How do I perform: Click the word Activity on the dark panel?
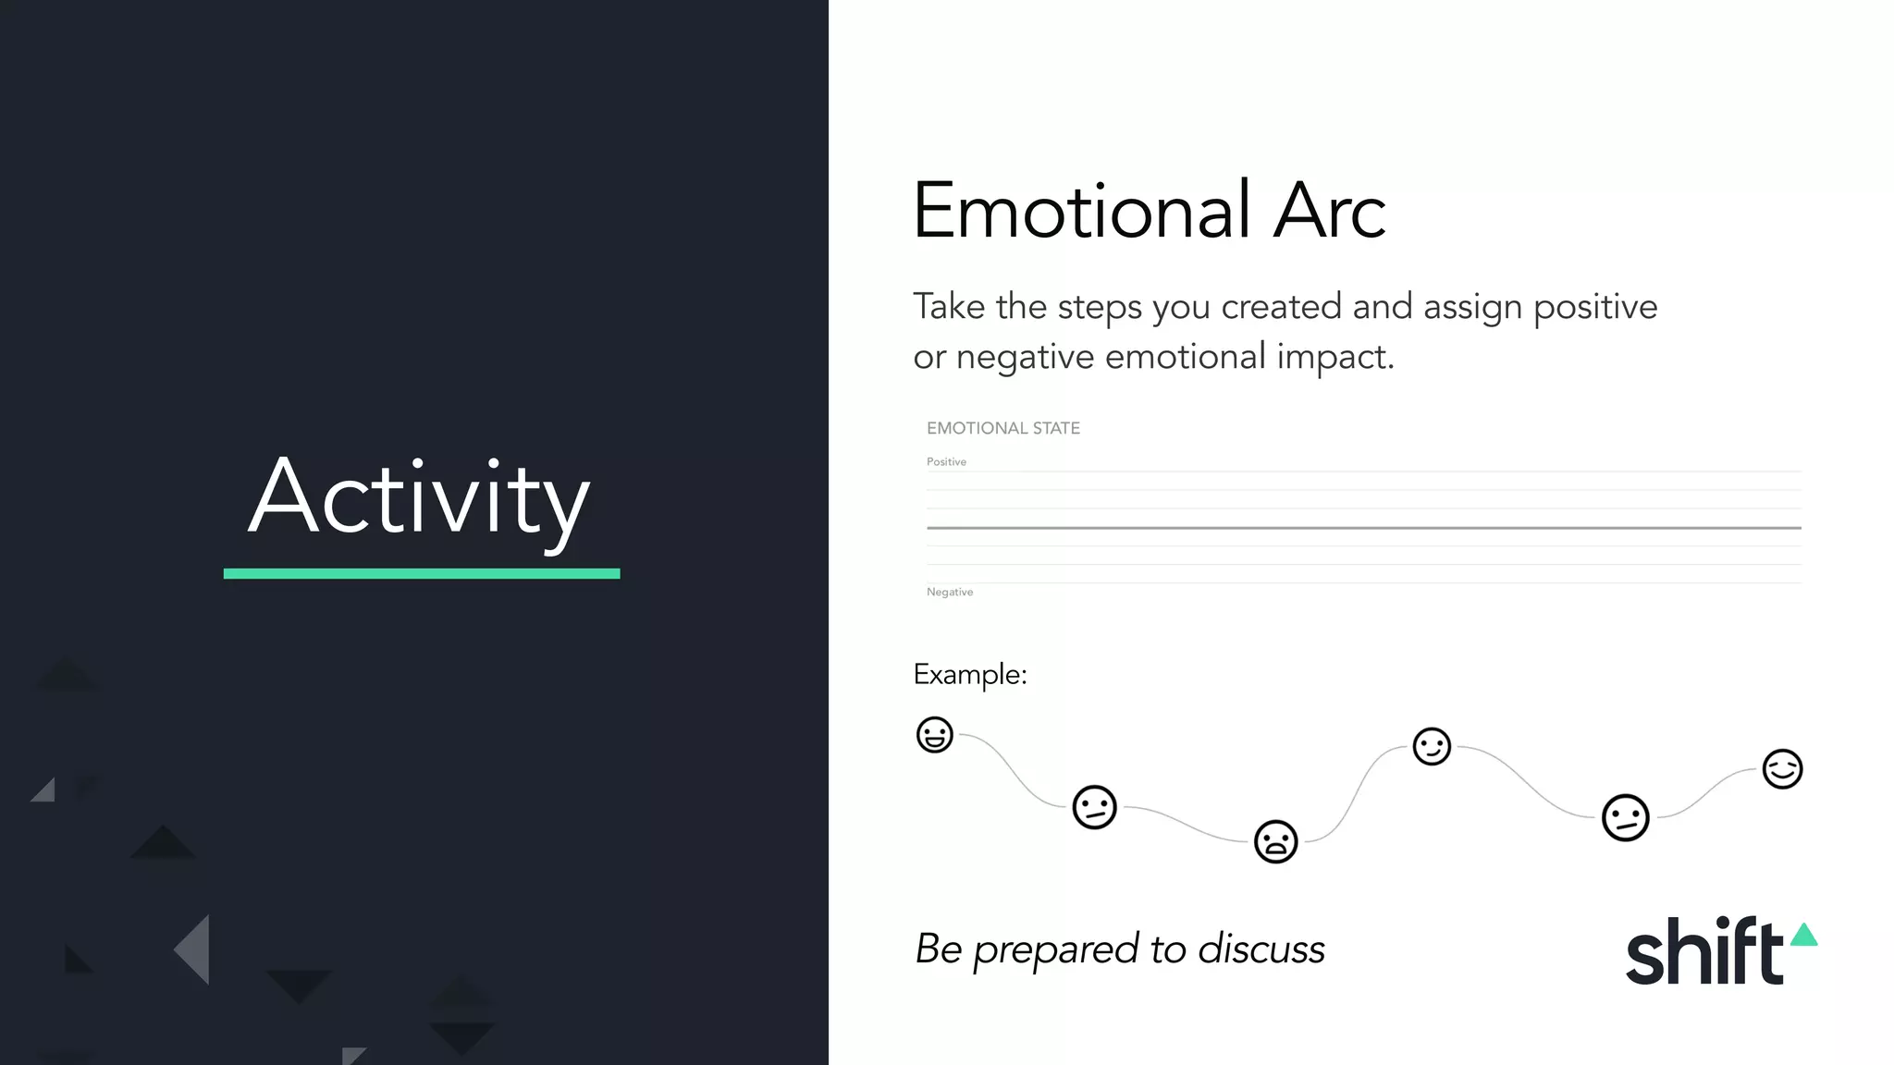coord(419,498)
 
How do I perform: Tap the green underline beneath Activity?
coord(422,574)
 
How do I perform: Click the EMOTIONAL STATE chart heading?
coord(1003,428)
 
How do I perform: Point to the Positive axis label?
coord(946,461)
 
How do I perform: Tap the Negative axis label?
coord(950,592)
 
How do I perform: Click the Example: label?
coord(970,675)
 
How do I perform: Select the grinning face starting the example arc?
coord(934,735)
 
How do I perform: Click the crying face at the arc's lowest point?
coord(1275,841)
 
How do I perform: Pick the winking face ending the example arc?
coord(1782,768)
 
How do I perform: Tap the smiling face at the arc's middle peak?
coord(1432,746)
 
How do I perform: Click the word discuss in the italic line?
coord(1261,949)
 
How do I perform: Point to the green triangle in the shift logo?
coord(1804,935)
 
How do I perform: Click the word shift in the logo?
coord(1704,951)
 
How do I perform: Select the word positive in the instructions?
coord(1595,308)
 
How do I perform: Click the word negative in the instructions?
coord(1025,357)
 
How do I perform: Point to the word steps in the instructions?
coord(1100,308)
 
